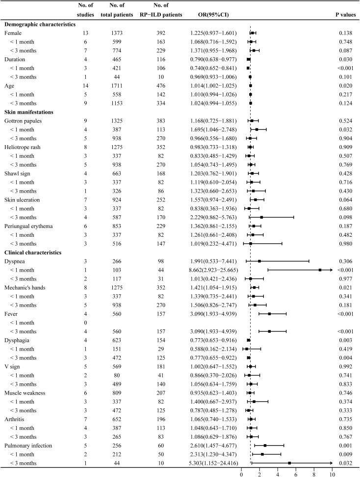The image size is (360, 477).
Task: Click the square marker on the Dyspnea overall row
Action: [259, 262]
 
